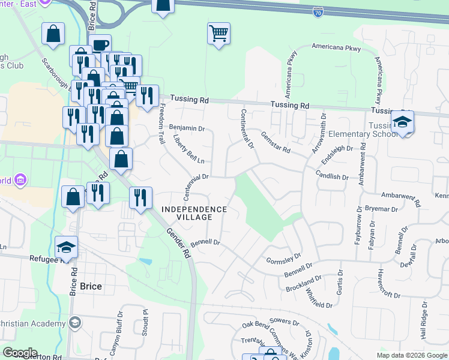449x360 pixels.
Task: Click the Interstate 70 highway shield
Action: pos(319,11)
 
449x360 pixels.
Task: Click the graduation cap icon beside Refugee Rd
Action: pos(65,247)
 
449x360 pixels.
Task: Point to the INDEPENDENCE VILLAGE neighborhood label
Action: pos(194,209)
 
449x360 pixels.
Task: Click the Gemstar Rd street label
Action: pos(276,142)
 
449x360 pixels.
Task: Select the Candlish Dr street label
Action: pos(332,177)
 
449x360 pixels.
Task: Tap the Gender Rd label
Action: pos(178,242)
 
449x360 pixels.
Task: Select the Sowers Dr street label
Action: pos(285,322)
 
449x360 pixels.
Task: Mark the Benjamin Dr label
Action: pos(187,128)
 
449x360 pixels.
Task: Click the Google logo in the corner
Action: pos(20,353)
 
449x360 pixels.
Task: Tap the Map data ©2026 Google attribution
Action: pos(411,355)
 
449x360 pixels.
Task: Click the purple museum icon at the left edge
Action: pos(21,180)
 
